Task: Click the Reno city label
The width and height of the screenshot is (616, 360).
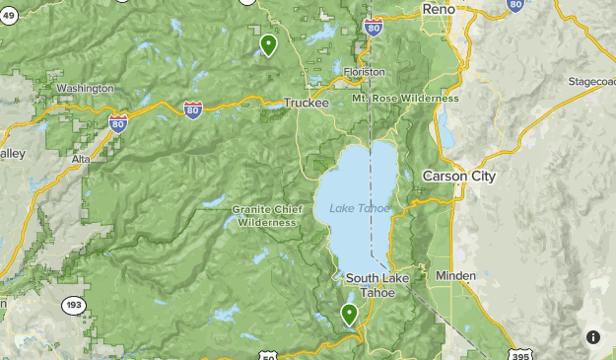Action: click(440, 9)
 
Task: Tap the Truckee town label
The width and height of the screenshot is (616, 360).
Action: click(306, 103)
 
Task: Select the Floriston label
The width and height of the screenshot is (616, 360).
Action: click(364, 72)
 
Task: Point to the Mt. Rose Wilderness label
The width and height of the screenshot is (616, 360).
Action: click(405, 99)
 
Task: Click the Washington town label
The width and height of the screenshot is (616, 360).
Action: click(85, 89)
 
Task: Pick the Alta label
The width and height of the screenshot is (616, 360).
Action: click(81, 158)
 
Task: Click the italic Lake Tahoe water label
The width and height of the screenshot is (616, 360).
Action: click(360, 208)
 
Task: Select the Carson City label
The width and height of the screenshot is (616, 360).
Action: click(458, 177)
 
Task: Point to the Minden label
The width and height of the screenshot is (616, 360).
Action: click(455, 276)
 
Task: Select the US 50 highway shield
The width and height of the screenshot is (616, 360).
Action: click(269, 355)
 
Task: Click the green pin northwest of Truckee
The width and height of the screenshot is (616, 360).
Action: click(268, 44)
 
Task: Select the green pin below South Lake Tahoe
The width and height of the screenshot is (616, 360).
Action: click(349, 314)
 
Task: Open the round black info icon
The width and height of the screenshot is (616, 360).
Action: click(593, 337)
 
